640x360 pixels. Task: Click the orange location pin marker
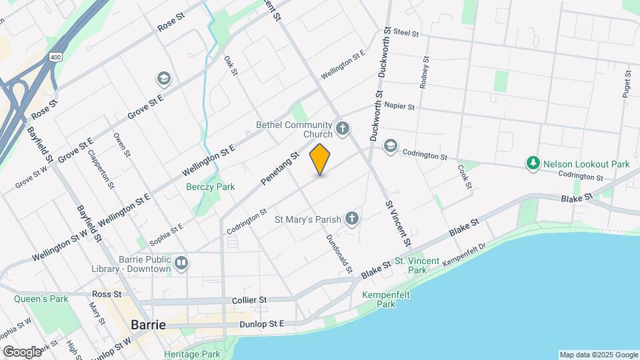tap(320, 159)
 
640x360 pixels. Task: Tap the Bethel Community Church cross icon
tap(343, 128)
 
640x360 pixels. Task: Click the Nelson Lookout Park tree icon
tap(533, 163)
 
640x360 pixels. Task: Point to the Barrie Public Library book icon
tap(181, 263)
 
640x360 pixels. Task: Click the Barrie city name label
tap(149, 325)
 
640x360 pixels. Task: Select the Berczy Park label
tap(210, 187)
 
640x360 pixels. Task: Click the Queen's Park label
tap(41, 299)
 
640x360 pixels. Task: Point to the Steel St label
tap(405, 32)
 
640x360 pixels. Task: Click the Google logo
tap(21, 352)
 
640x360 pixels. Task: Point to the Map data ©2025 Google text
tap(598, 355)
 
